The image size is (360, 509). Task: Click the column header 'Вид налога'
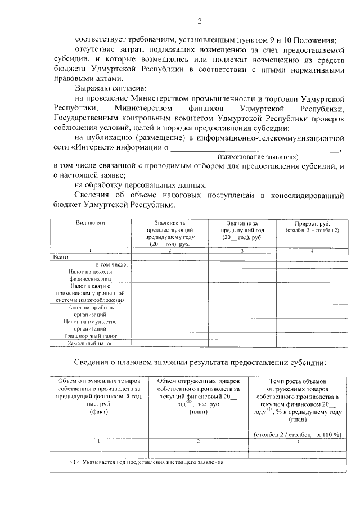click(x=91, y=223)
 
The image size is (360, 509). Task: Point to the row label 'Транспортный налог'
click(x=91, y=335)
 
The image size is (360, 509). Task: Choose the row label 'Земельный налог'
click(x=91, y=343)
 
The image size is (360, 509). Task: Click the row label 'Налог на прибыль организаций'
click(x=91, y=312)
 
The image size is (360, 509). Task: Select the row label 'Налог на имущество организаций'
click(x=91, y=325)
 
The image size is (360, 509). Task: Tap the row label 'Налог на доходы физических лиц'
click(x=91, y=274)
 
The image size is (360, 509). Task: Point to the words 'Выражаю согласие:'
click(x=110, y=88)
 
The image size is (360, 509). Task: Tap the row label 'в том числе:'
click(x=112, y=264)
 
